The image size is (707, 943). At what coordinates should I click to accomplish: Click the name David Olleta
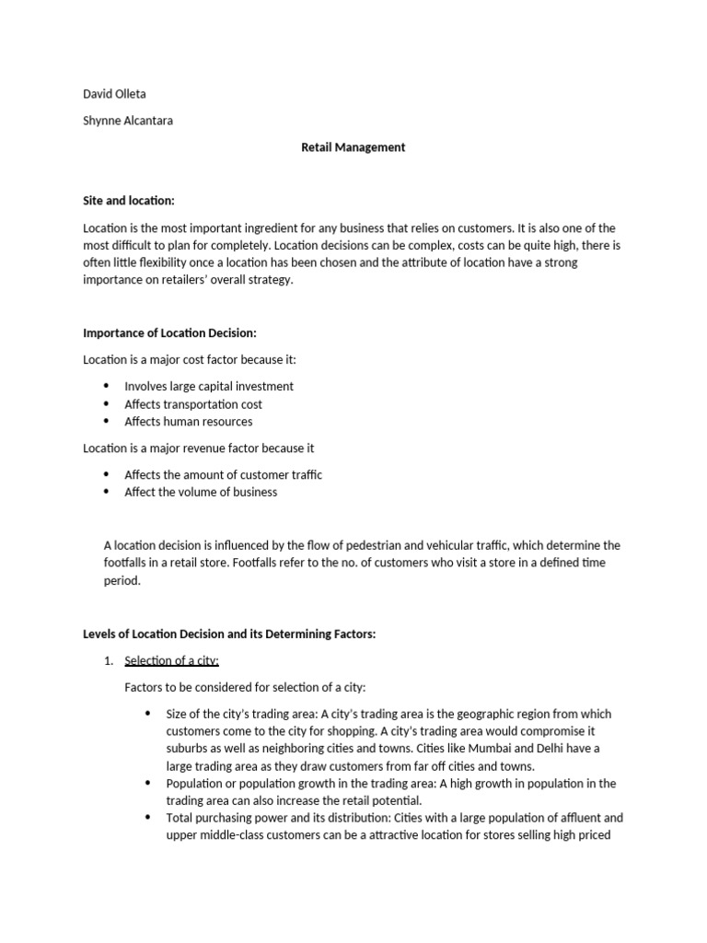click(x=115, y=93)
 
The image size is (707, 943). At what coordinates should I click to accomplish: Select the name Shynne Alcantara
click(x=129, y=120)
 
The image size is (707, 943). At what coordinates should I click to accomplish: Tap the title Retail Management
click(x=353, y=146)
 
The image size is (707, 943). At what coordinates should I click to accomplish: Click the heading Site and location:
click(x=128, y=200)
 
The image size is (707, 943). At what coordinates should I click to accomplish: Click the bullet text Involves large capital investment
click(x=209, y=387)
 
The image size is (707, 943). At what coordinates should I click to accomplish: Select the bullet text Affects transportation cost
click(x=193, y=404)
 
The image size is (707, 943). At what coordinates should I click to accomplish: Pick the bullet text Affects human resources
click(x=189, y=422)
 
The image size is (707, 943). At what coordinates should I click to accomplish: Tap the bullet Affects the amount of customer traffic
click(x=224, y=475)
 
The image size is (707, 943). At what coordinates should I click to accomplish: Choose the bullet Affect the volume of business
click(x=201, y=492)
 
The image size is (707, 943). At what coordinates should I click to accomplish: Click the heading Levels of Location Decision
click(x=229, y=634)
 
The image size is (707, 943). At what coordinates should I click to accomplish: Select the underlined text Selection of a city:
click(x=171, y=660)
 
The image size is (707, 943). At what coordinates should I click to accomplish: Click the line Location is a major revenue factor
click(x=199, y=448)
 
